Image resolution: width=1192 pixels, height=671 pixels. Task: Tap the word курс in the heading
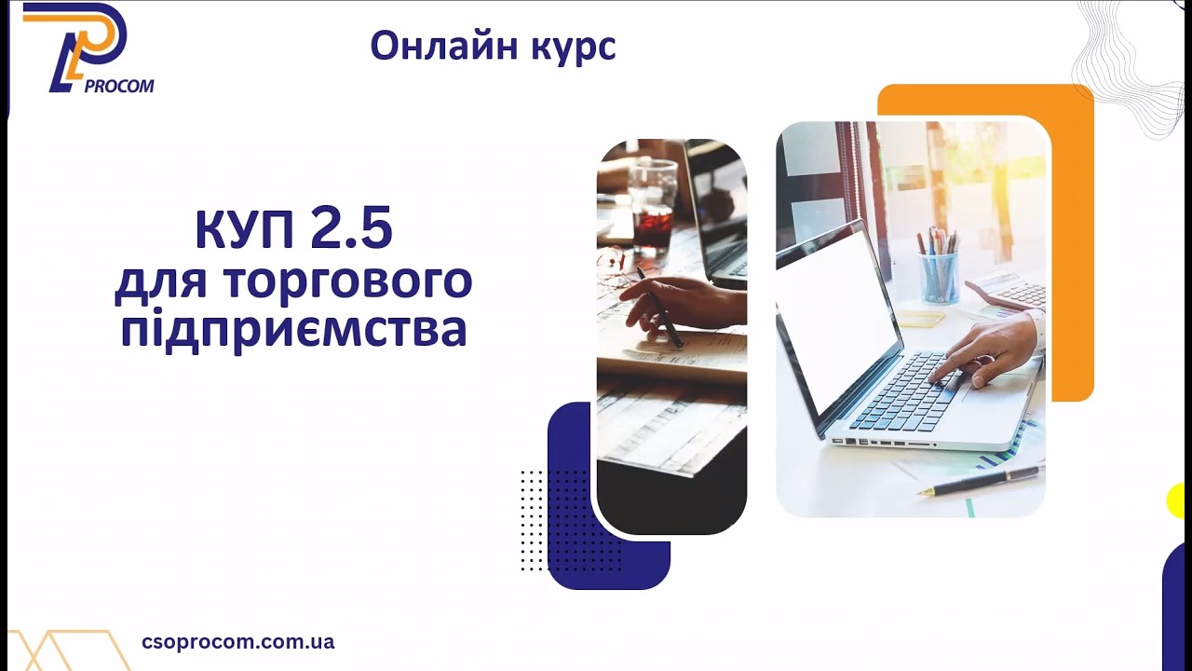coord(574,48)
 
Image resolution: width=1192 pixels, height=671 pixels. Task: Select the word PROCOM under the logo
coord(119,87)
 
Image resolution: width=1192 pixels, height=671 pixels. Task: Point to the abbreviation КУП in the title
coord(243,231)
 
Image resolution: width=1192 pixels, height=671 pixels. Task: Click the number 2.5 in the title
coord(351,231)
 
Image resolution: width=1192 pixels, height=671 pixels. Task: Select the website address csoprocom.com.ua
coord(237,642)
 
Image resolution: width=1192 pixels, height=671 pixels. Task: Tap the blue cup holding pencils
coord(939,276)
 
